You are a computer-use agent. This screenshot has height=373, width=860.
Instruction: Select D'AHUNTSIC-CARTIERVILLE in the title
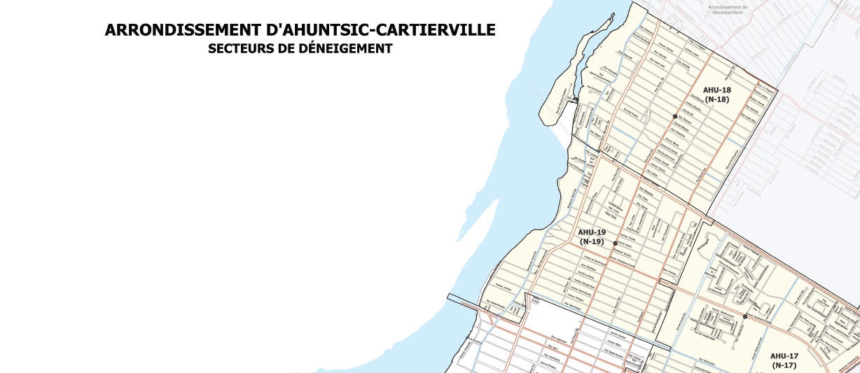point(381,30)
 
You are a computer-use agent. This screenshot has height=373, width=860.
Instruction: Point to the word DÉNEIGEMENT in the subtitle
point(348,49)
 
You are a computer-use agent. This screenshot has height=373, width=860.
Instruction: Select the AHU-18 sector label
point(716,90)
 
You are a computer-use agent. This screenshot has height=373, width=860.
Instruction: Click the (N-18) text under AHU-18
point(716,99)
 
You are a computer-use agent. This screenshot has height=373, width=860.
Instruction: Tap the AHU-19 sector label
point(592,232)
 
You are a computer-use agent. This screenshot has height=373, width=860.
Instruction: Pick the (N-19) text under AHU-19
point(592,241)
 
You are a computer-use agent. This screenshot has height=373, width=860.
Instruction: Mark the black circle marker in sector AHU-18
point(675,116)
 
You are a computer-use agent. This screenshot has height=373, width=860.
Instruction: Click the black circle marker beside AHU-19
point(615,244)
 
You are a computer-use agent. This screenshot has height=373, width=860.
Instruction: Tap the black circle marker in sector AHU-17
point(745,316)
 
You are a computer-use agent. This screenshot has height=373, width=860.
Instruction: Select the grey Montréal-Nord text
point(728,14)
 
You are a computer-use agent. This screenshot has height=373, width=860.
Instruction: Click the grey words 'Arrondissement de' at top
point(728,8)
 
